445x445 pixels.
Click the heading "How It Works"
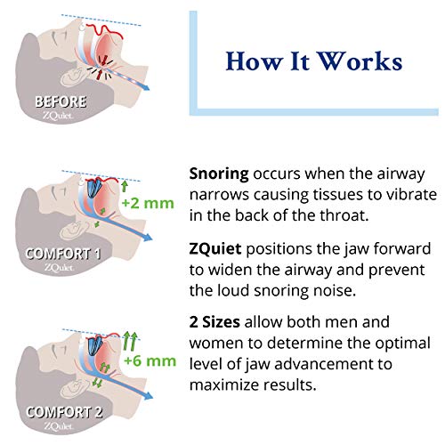313,61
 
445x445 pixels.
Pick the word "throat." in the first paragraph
341,217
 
